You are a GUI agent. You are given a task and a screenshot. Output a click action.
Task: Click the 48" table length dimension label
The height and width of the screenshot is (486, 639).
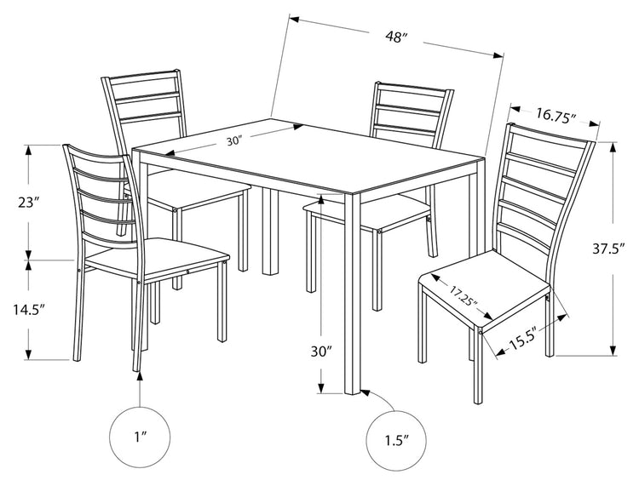396,37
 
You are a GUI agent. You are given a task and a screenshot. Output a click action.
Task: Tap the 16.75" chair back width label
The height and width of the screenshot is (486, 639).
555,114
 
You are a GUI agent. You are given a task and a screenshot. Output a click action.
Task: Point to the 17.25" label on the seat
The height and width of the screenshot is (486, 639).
463,298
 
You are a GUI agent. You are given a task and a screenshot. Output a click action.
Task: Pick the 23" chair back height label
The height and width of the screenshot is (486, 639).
28,203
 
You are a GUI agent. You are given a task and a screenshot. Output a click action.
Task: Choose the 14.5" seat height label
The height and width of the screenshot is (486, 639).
28,310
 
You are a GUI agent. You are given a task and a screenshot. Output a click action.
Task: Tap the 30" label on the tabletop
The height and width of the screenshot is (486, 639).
234,141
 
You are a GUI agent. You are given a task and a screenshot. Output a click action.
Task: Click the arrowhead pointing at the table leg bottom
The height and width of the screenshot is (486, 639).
366,392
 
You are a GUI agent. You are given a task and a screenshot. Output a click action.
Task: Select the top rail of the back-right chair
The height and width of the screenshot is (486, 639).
413,88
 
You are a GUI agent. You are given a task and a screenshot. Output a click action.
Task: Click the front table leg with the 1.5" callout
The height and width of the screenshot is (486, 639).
353,293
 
